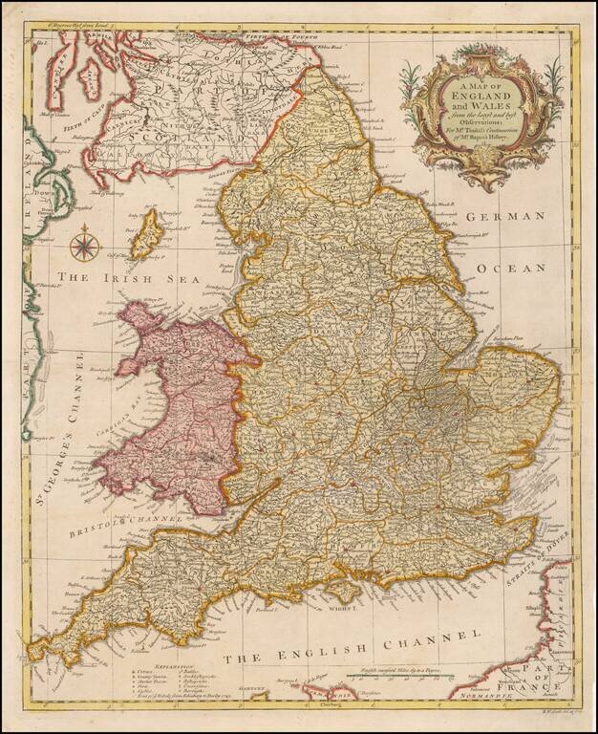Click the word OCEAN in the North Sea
[512, 268]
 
